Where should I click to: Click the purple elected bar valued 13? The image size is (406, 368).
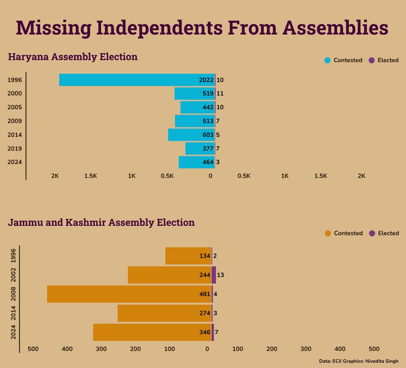[x=214, y=275]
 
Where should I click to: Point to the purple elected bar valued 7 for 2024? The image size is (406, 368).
[x=213, y=332]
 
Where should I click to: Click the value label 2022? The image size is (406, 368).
[x=206, y=80]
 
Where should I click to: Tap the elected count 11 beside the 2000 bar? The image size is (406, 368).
[x=220, y=94]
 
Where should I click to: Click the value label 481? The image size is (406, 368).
[x=205, y=294]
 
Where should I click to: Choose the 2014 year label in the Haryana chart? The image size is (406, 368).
[x=15, y=135]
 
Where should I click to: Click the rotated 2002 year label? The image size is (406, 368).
[x=13, y=275]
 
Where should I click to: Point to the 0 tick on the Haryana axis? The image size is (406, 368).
[x=210, y=176]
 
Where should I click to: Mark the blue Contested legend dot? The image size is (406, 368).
[x=327, y=60]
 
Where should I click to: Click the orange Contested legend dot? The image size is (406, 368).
[x=328, y=233]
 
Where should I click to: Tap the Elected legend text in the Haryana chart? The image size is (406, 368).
[x=388, y=60]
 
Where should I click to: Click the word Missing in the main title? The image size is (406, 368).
[x=54, y=28]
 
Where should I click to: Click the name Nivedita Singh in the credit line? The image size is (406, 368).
[x=382, y=361]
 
